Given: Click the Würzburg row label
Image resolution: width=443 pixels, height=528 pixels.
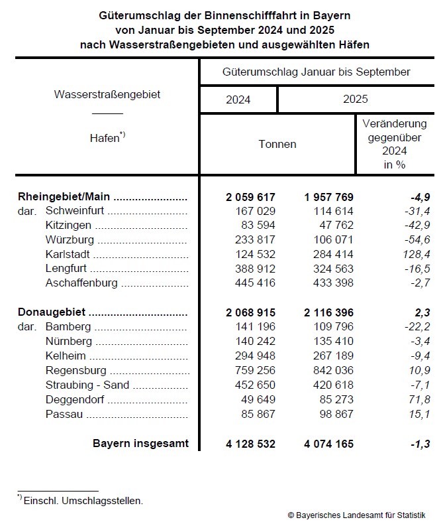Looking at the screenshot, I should (70, 240).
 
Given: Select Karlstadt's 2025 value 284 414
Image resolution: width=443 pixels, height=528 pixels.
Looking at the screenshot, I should (329, 254).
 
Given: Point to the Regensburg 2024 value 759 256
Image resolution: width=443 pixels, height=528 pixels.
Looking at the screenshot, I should (251, 371).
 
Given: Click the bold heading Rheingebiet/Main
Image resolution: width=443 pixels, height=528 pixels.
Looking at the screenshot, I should (64, 197).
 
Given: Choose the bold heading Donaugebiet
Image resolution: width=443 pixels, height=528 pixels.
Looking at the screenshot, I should (53, 312).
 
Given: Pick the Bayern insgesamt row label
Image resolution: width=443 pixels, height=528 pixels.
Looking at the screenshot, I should (140, 443).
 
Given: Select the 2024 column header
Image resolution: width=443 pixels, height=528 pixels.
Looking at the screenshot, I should (238, 99).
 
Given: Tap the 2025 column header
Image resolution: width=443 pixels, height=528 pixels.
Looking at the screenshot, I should (355, 99).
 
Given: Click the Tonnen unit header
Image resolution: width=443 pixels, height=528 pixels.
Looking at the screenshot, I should (277, 144).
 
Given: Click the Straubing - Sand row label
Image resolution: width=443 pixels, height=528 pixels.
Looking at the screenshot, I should (87, 385).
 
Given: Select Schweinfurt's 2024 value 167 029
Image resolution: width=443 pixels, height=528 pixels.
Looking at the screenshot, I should (251, 211).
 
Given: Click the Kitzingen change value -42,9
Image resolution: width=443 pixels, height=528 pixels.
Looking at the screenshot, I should (417, 226).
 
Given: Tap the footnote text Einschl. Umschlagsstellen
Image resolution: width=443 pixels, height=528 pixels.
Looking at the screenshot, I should (83, 501).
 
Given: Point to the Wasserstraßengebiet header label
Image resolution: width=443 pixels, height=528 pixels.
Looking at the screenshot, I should (107, 95).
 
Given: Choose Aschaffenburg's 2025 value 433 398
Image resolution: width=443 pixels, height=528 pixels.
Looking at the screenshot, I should (329, 283).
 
